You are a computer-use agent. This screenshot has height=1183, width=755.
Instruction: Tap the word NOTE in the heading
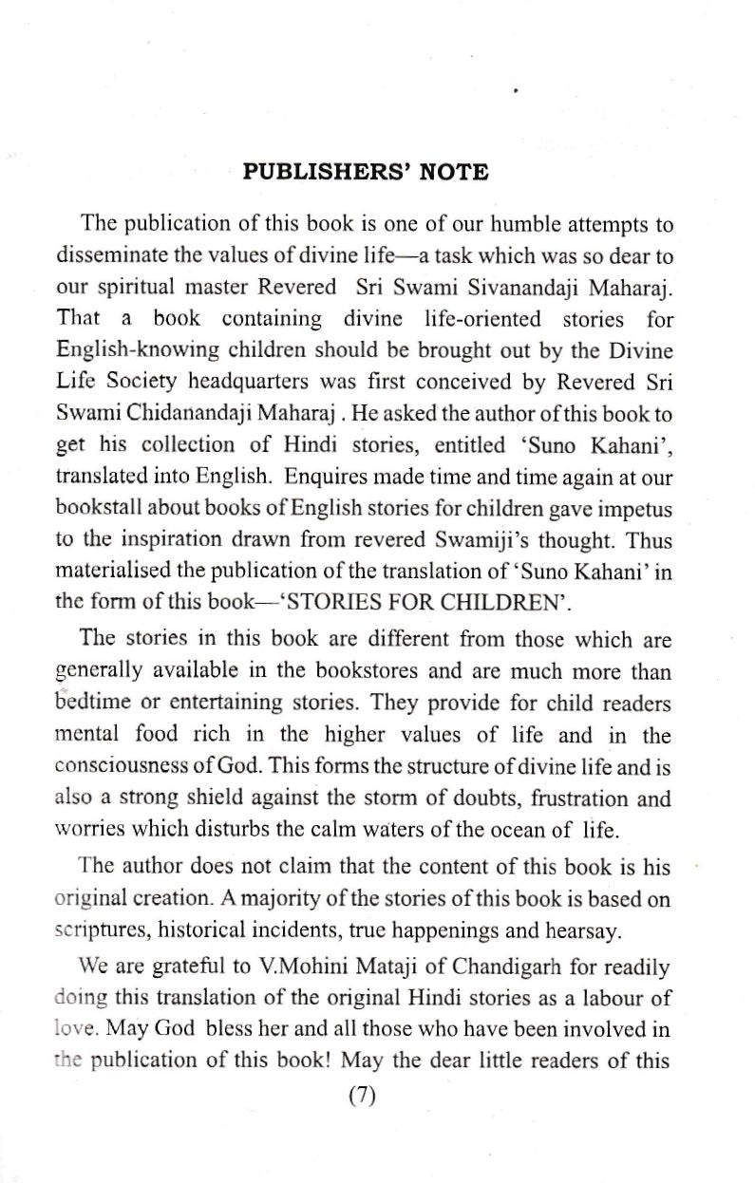(453, 173)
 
